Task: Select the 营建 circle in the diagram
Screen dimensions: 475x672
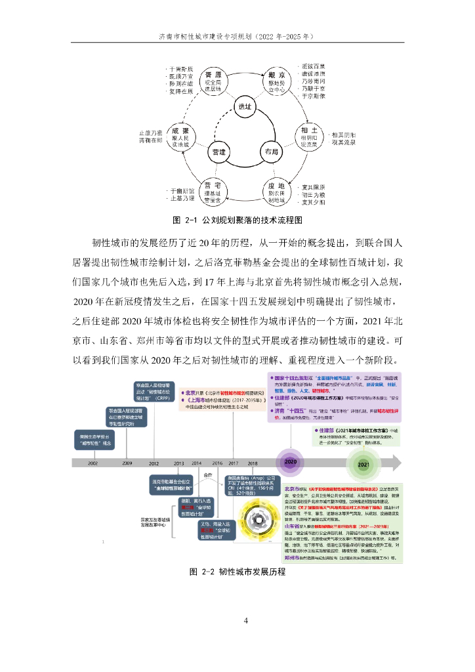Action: pos(218,152)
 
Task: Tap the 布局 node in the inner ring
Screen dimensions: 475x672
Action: pos(272,152)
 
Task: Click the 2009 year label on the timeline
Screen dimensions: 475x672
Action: pos(127,463)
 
